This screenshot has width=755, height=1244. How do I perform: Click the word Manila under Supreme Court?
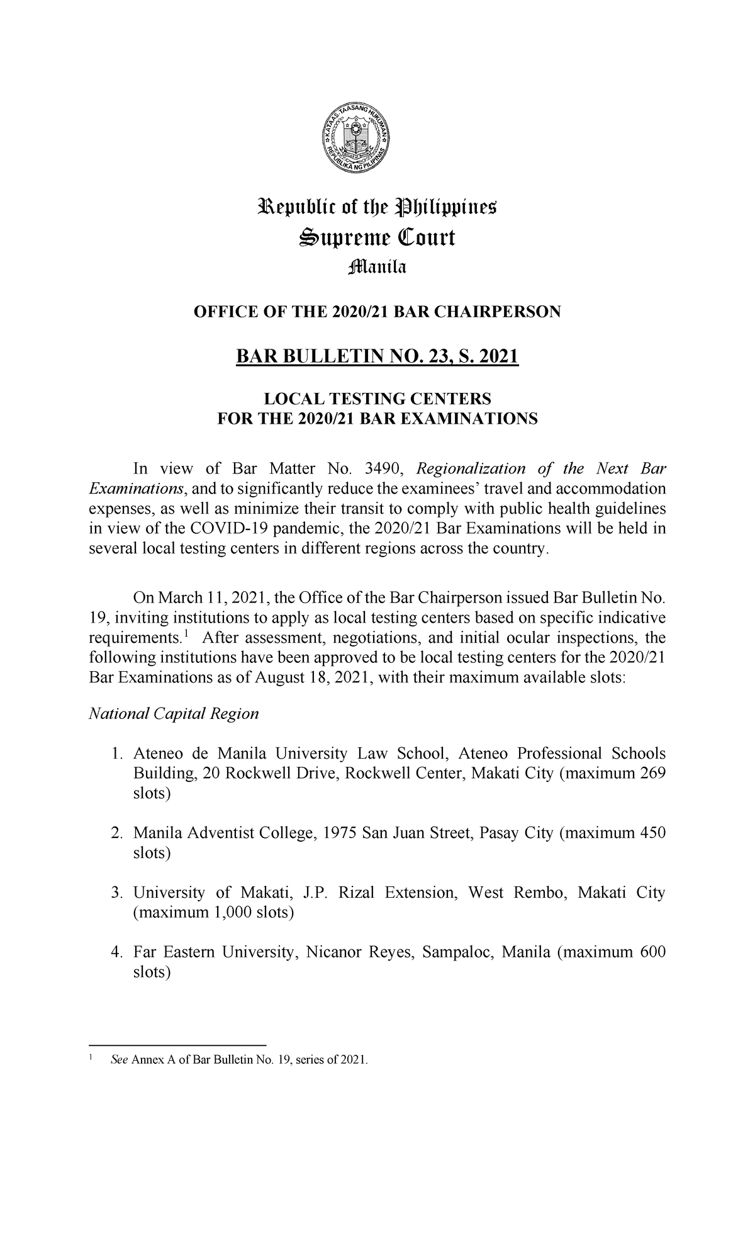[377, 268]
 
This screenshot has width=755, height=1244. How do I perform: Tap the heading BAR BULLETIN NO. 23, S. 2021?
[377, 358]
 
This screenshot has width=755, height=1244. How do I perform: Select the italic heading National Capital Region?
[174, 714]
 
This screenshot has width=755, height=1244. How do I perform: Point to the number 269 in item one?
[652, 774]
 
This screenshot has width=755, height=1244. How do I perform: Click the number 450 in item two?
[652, 834]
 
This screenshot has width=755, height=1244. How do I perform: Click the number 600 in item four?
[652, 953]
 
